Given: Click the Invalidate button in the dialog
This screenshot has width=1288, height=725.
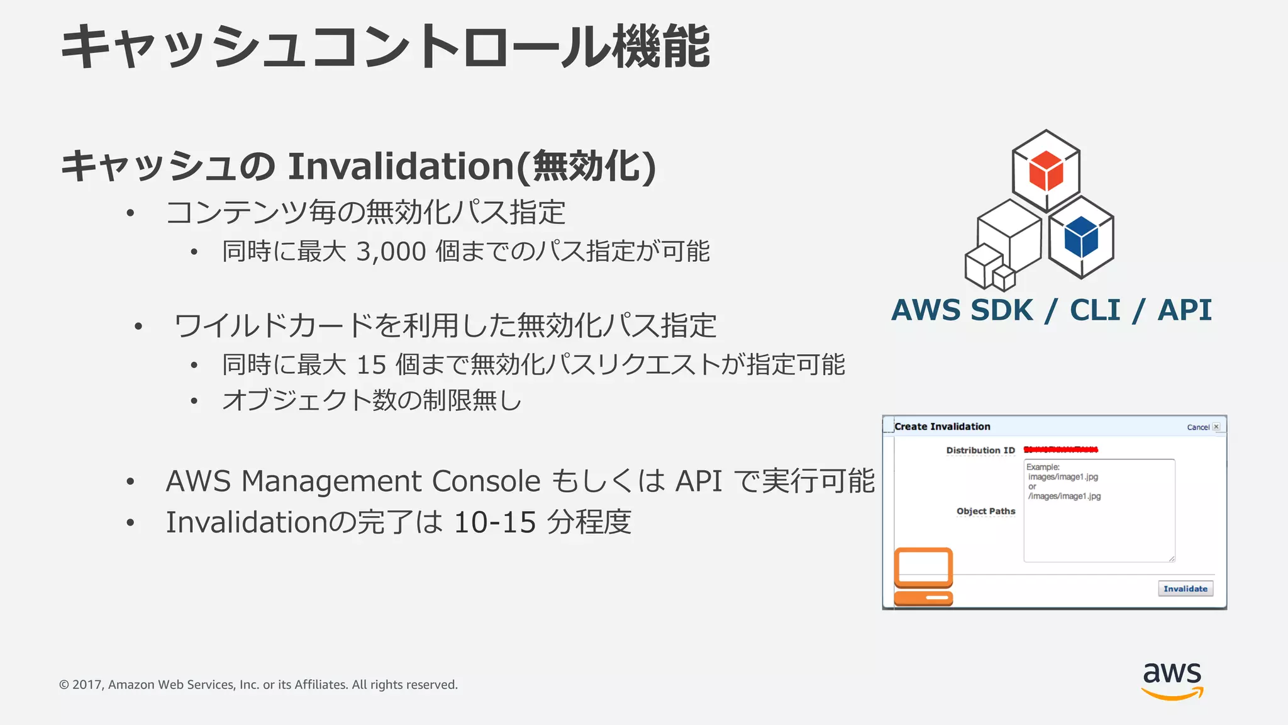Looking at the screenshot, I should point(1185,588).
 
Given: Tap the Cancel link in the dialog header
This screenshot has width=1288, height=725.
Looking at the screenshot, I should point(1198,427).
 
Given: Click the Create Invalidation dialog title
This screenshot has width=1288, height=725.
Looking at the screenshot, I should point(942,427).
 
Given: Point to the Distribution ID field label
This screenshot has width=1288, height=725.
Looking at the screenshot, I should point(980,450).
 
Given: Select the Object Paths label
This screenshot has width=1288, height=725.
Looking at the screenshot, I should point(985,511).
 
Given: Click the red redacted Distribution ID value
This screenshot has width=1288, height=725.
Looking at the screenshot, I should point(1060,449).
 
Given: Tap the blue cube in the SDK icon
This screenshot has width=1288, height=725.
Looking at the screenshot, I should point(1081,237).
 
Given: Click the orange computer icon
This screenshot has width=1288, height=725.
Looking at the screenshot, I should point(923,576).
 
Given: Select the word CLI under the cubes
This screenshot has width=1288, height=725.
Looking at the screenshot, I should point(1095,310).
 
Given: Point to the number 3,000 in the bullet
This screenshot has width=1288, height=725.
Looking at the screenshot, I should point(391,252).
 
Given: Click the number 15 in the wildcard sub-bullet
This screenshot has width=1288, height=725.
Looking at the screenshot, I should point(371,365).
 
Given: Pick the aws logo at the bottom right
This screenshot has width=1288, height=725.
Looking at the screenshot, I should point(1172,680).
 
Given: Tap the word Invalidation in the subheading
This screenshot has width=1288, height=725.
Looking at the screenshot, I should point(401,166).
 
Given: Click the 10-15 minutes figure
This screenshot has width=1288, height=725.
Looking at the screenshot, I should point(495,522).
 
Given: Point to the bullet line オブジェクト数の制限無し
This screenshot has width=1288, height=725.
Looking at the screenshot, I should point(372,400).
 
